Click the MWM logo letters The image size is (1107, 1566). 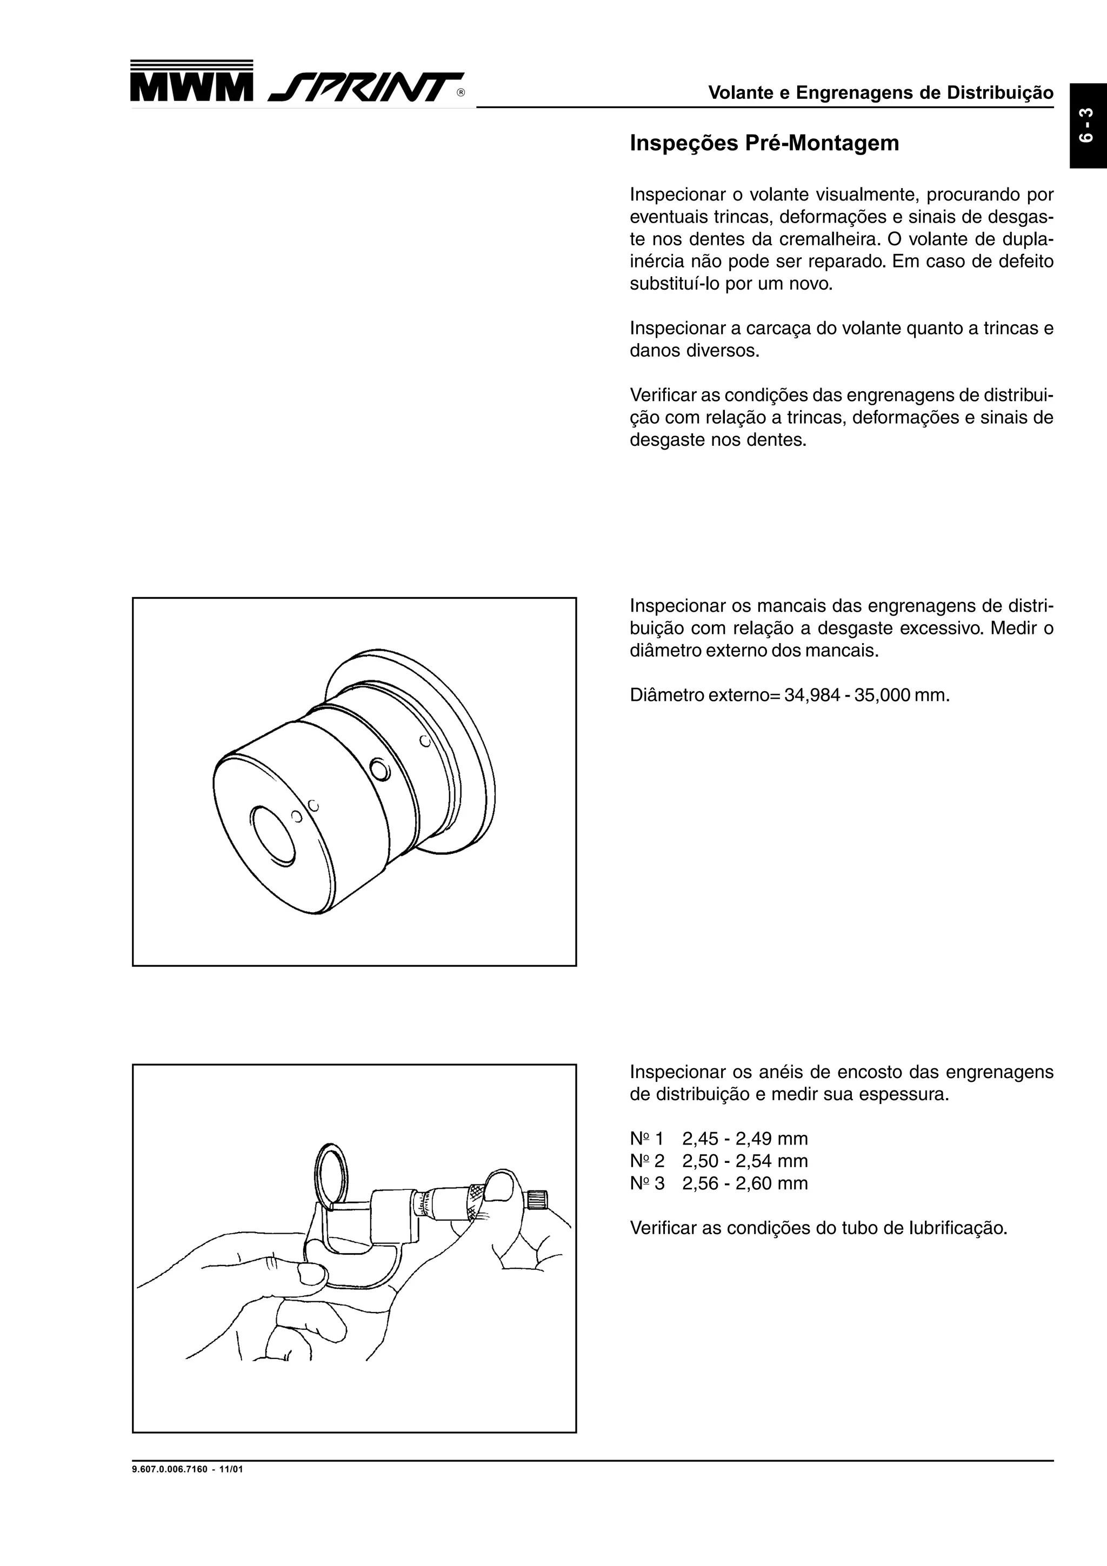tap(191, 89)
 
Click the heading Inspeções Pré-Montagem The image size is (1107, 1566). tap(764, 143)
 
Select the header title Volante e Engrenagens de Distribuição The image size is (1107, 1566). tap(881, 93)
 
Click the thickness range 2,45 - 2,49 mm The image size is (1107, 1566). tap(745, 1139)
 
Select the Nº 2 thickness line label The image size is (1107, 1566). tap(646, 1161)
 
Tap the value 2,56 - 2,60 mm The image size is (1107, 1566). tap(745, 1183)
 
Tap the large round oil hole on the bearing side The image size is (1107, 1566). tap(379, 770)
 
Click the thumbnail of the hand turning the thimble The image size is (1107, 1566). tap(503, 1187)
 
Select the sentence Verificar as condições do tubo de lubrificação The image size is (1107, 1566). tap(818, 1228)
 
